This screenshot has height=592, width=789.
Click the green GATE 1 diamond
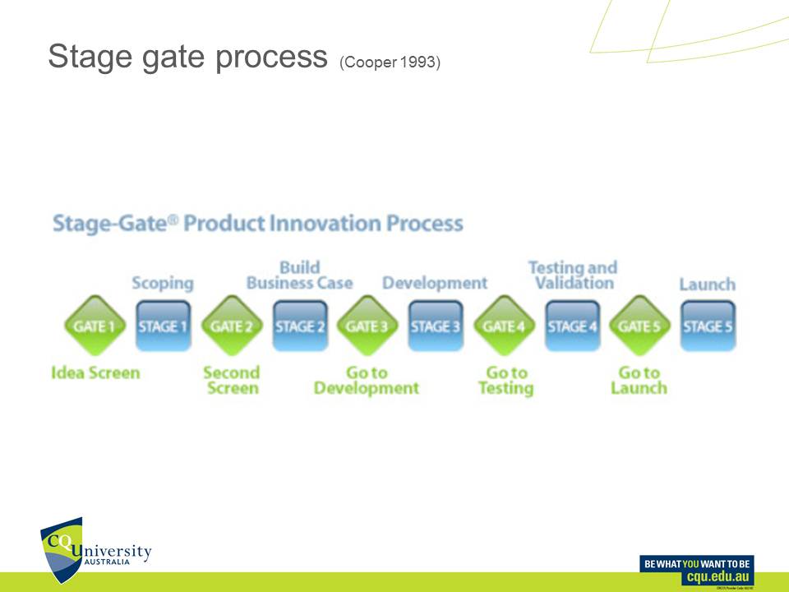coord(94,326)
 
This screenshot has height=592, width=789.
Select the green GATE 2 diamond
coord(231,326)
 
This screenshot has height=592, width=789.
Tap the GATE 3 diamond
coord(367,326)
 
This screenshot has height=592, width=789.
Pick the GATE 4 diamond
coord(504,326)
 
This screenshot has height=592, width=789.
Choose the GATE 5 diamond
coord(639,326)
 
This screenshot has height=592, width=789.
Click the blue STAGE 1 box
coord(163,326)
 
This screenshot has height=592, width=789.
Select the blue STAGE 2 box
coord(299,326)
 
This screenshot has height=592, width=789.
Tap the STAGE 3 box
coord(436,326)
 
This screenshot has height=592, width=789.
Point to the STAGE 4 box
coord(572,326)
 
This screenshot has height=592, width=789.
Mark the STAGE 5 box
coord(708,326)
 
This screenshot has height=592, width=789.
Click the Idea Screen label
coord(95,372)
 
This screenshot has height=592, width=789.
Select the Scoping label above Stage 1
coord(163,284)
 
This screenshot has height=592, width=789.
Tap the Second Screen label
coord(232,380)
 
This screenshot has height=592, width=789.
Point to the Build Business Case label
coord(300,275)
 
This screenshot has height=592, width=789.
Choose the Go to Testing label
coord(505,380)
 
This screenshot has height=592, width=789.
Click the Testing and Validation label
coord(572,275)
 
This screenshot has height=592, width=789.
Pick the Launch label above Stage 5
coord(707,284)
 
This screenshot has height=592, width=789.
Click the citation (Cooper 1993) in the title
coord(390,62)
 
